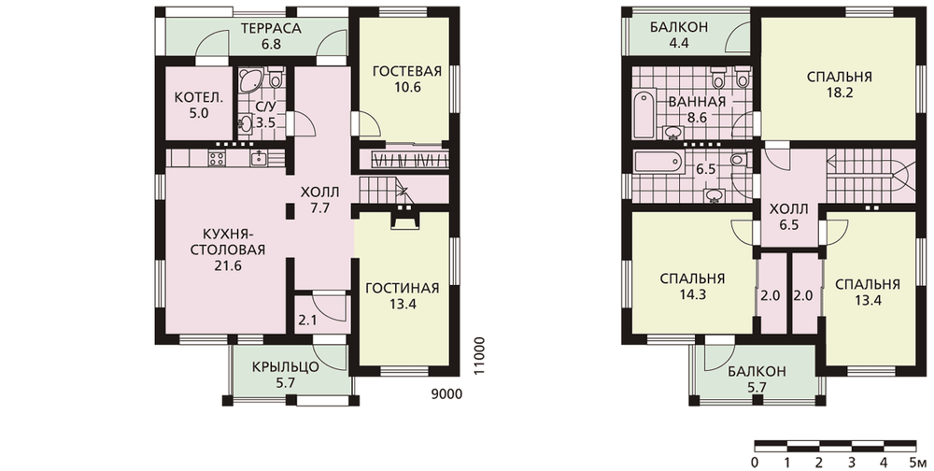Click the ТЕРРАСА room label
[271, 29]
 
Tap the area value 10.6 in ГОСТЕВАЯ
[407, 87]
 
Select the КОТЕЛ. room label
[199, 98]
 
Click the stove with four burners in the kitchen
[217, 158]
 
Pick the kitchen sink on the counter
[259, 158]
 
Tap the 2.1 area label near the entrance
[307, 321]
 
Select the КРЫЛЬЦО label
[285, 366]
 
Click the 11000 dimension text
[480, 356]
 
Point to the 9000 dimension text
[446, 394]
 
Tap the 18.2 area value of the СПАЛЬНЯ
[840, 93]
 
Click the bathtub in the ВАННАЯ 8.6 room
[644, 113]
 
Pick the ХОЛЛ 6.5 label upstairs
[788, 217]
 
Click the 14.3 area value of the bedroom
[692, 294]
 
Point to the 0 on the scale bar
[755, 463]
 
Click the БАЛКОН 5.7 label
[757, 379]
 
